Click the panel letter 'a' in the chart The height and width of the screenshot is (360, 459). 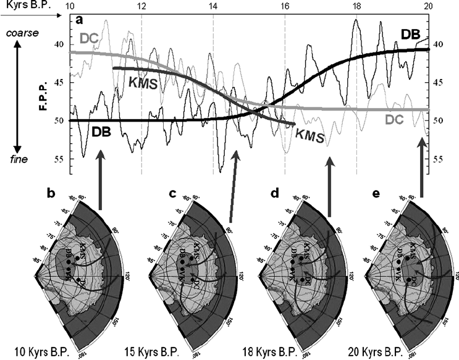tap(80, 20)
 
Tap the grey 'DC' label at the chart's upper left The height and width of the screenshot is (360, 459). tap(89, 38)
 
